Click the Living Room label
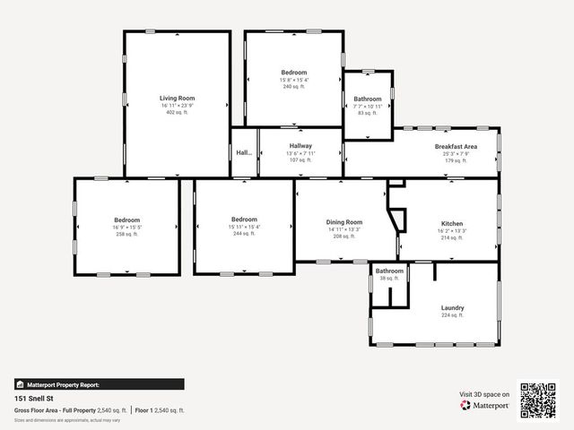[x=177, y=99]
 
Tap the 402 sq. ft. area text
[x=177, y=113]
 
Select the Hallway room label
[x=300, y=146]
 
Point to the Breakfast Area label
[x=456, y=146]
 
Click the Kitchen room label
[x=452, y=223]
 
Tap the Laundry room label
[x=452, y=307]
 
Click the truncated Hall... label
[x=244, y=153]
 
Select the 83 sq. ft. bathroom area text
[x=367, y=113]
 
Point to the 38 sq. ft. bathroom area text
[x=389, y=279]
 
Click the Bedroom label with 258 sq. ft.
[x=127, y=220]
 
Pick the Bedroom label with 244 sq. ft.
[x=244, y=220]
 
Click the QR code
[x=538, y=400]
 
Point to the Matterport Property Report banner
[x=99, y=384]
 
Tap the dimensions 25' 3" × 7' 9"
[x=456, y=153]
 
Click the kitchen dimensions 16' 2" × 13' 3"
[x=452, y=230]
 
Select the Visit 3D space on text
[x=484, y=393]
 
